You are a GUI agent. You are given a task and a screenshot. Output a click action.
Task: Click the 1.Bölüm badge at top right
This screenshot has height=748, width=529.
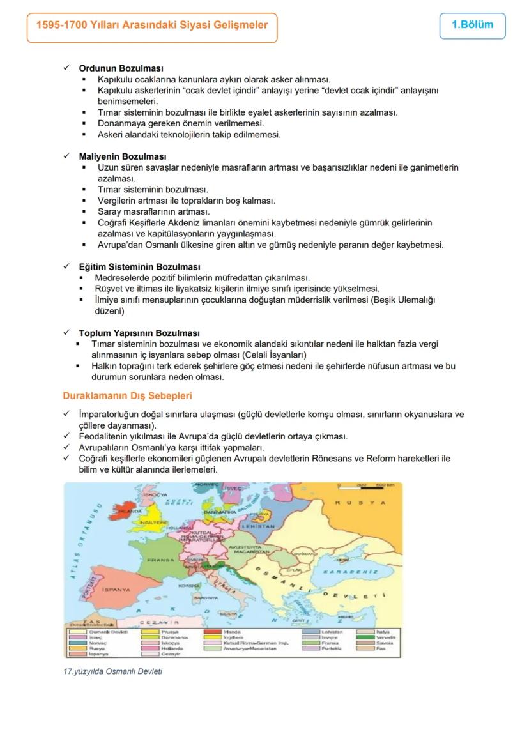472,26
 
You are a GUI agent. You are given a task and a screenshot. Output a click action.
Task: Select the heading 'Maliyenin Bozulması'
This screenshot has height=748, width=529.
123,156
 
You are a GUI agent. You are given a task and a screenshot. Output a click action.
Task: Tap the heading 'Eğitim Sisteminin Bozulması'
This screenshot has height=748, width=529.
139,267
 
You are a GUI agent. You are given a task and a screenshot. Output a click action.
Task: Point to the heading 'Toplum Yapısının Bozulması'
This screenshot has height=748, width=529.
139,333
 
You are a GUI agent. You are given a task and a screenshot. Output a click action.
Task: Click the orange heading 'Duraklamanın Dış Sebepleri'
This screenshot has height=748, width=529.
127,396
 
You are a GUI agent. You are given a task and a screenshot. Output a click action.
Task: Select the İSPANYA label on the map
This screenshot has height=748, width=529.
116,590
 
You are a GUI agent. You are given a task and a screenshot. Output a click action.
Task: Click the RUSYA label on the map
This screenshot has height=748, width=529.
360,503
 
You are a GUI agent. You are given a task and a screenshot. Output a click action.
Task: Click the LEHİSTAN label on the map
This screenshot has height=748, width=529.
258,526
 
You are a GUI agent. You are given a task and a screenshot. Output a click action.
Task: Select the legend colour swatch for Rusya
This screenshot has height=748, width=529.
78,648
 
